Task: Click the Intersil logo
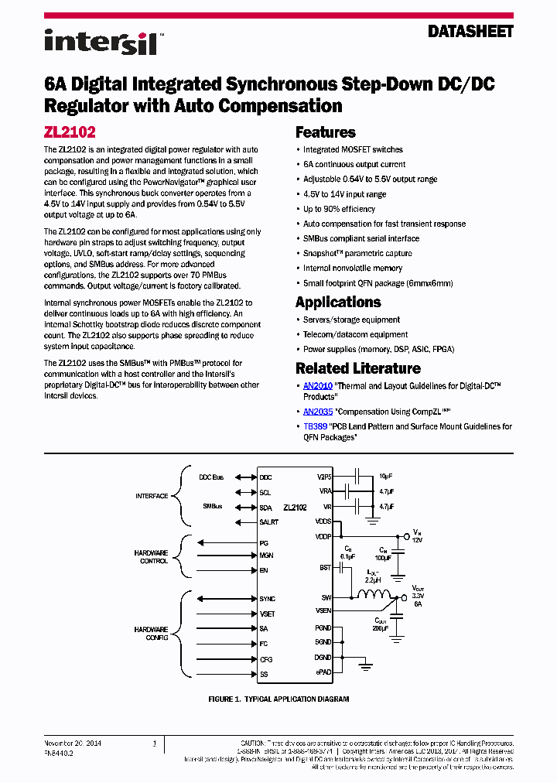click(x=101, y=41)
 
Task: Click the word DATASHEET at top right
click(x=470, y=32)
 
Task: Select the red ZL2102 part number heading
click(x=70, y=132)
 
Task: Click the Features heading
click(x=326, y=132)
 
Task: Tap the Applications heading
click(x=338, y=302)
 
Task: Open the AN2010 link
click(x=317, y=385)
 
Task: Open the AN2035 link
click(x=317, y=412)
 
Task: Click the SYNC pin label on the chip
click(x=267, y=599)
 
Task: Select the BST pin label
click(x=325, y=568)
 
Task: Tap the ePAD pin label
click(x=323, y=672)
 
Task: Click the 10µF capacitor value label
click(x=386, y=477)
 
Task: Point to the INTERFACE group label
click(x=152, y=496)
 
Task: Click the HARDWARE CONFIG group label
click(x=152, y=634)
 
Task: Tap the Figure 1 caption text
click(x=278, y=699)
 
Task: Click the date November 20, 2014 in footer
click(x=73, y=744)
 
